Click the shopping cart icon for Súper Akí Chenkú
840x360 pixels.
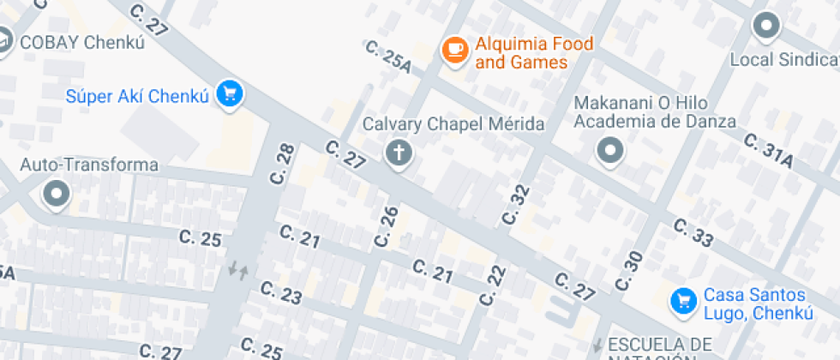pos(228,93)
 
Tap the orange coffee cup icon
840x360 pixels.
pos(454,50)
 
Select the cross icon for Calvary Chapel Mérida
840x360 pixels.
pos(399,153)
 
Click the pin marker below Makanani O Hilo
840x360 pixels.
pos(610,152)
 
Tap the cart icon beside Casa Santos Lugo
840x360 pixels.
pos(683,301)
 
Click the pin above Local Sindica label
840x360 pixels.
pos(765,26)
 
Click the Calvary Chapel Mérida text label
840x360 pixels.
pos(453,124)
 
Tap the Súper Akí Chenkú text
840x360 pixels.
pos(137,96)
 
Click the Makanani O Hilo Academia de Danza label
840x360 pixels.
pos(656,112)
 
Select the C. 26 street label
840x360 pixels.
pos(386,226)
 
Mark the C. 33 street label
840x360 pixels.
pos(693,232)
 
